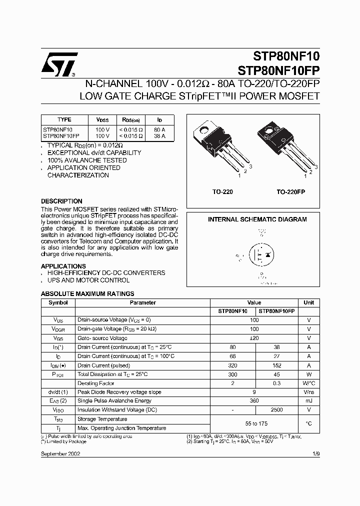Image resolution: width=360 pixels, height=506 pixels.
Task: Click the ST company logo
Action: click(x=59, y=65)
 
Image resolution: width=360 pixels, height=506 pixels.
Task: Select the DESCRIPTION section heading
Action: click(x=61, y=201)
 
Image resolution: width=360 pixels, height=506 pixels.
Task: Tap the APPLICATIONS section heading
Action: click(x=63, y=266)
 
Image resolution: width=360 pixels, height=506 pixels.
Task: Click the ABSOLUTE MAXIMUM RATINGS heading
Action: click(x=87, y=294)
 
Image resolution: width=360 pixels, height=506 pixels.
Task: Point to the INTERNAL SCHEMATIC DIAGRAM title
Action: click(x=257, y=219)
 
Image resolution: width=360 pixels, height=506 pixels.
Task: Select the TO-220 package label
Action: click(x=222, y=191)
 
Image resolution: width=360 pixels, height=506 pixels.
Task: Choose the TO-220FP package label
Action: click(x=291, y=191)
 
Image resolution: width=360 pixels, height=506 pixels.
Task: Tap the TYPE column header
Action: click(x=64, y=120)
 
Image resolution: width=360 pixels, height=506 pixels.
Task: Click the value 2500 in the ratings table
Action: click(x=276, y=409)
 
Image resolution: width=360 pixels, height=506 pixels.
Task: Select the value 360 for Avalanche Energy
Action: click(x=254, y=400)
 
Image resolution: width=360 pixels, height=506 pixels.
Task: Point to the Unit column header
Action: click(x=308, y=302)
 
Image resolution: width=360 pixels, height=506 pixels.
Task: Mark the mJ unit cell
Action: click(x=308, y=400)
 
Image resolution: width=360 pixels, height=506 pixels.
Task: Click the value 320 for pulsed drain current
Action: click(x=232, y=365)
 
